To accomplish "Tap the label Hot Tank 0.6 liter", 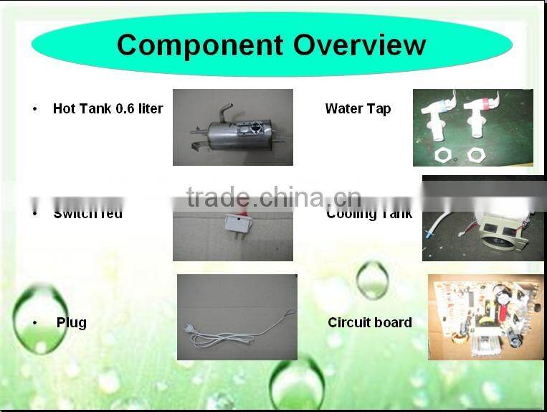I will click(x=108, y=109).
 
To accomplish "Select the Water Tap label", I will click(x=358, y=109).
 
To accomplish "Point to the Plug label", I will click(x=72, y=322).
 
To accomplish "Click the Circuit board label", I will click(x=369, y=322).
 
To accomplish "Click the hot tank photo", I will click(x=232, y=128).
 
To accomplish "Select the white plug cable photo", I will click(x=237, y=317).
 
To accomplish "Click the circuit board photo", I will click(x=485, y=317).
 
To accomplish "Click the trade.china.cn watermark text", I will click(x=273, y=196).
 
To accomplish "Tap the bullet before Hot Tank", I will click(x=34, y=109).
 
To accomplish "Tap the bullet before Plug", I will click(x=34, y=323).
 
